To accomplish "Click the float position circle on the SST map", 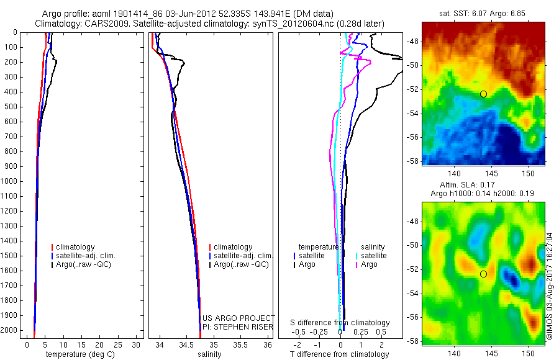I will click(483, 94).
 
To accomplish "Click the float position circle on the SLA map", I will click(483, 274).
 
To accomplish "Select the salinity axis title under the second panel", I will click(210, 354).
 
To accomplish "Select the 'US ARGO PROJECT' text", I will click(239, 318).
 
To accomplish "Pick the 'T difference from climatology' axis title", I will click(339, 354).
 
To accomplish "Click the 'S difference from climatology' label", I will click(340, 323).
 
